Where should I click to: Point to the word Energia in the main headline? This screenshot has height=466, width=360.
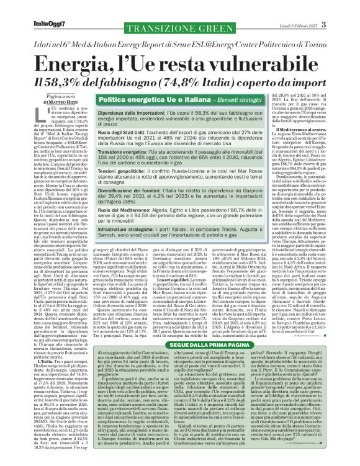[68, 62]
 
